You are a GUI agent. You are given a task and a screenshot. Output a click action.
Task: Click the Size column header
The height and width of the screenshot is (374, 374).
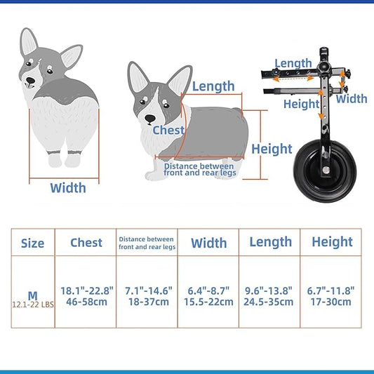[x=32, y=243]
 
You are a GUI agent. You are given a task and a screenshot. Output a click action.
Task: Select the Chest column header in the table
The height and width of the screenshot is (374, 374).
[x=86, y=243]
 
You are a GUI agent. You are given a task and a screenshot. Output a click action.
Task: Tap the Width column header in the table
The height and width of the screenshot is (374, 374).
[x=208, y=243]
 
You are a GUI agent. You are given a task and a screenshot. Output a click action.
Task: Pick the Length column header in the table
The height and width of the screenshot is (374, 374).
[x=270, y=242]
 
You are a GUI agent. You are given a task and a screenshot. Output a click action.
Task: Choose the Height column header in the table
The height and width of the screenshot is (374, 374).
[x=332, y=242]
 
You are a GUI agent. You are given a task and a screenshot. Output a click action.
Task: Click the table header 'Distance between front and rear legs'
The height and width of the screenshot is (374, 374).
[x=147, y=243]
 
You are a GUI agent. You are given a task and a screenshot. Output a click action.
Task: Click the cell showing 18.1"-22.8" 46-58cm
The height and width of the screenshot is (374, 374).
[x=86, y=296]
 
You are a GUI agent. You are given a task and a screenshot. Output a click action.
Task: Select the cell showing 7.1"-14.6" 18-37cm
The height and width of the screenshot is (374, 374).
[x=147, y=296]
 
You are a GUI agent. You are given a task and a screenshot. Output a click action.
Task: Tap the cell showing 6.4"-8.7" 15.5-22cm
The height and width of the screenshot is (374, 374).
[x=208, y=296]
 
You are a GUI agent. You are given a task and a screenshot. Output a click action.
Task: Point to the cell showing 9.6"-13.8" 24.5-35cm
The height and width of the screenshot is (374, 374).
[x=270, y=296]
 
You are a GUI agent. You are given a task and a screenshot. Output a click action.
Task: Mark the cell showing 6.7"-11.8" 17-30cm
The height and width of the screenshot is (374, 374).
[x=331, y=296]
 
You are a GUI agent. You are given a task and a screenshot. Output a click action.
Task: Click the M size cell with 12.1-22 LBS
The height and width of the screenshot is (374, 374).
[x=32, y=298]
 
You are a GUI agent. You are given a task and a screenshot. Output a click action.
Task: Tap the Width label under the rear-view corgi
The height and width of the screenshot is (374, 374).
[x=68, y=187]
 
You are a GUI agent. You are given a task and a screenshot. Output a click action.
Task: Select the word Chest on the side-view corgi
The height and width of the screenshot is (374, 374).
[x=168, y=130]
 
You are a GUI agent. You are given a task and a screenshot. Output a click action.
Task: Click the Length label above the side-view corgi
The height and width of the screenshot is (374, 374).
[x=213, y=86]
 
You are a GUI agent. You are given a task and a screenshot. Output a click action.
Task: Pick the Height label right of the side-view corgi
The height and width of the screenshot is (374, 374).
[x=272, y=149]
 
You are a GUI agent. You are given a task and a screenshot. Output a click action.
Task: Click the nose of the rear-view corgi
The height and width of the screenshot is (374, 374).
[x=29, y=81]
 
